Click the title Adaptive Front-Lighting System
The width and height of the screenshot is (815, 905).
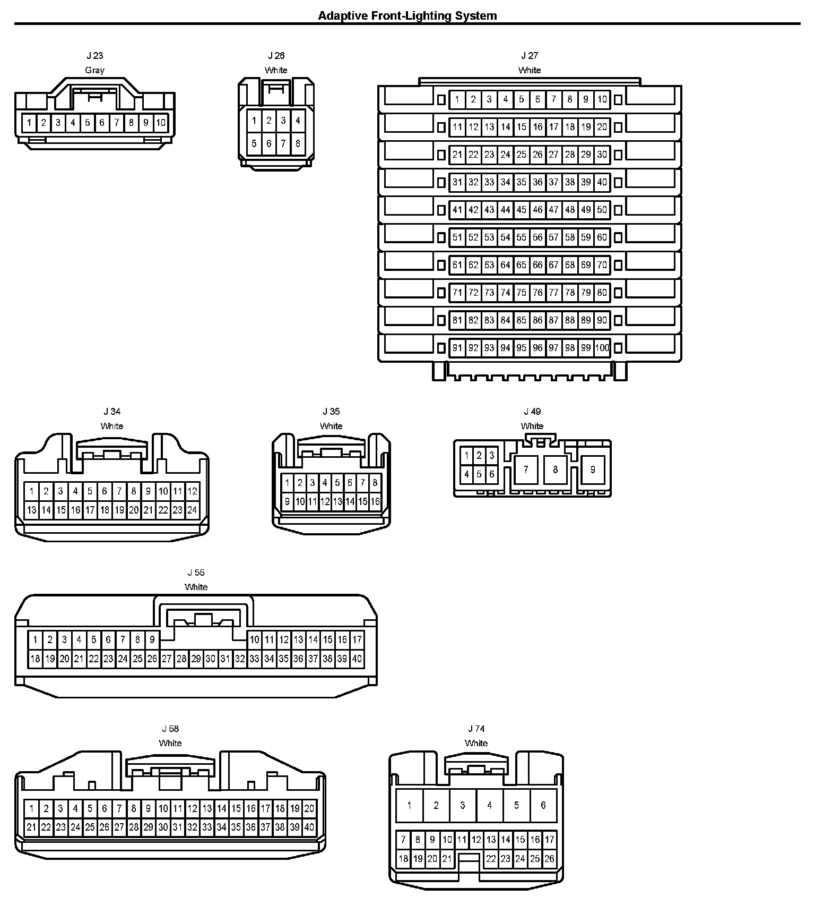pyautogui.click(x=407, y=16)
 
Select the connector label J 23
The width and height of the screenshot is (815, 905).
pyautogui.click(x=95, y=55)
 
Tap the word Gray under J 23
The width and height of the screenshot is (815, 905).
pyautogui.click(x=95, y=70)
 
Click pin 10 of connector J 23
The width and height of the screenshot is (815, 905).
pyautogui.click(x=161, y=123)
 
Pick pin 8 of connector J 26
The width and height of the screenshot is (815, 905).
pyautogui.click(x=298, y=143)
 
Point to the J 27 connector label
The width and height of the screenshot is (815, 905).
pyautogui.click(x=529, y=55)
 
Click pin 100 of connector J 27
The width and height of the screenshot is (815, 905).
pyautogui.click(x=602, y=348)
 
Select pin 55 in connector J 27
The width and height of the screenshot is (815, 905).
pyautogui.click(x=522, y=237)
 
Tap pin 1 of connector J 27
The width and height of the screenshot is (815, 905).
pyautogui.click(x=457, y=99)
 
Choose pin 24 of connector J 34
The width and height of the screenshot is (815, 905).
pyautogui.click(x=192, y=510)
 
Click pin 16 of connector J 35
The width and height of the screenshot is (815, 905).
pyautogui.click(x=375, y=501)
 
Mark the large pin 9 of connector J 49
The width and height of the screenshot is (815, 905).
pyautogui.click(x=593, y=469)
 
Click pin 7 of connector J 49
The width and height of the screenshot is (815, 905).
pyautogui.click(x=526, y=469)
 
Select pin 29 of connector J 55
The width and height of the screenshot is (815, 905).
pyautogui.click(x=196, y=659)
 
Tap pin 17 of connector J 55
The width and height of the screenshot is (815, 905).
pyautogui.click(x=357, y=640)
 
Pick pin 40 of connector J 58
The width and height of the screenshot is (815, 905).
pyautogui.click(x=309, y=827)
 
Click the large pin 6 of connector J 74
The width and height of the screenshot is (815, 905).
pyautogui.click(x=543, y=805)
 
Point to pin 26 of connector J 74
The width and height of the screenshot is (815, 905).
pyautogui.click(x=549, y=858)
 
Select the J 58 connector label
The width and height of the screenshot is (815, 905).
pyautogui.click(x=170, y=729)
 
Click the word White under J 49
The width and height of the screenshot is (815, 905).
pyautogui.click(x=532, y=426)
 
